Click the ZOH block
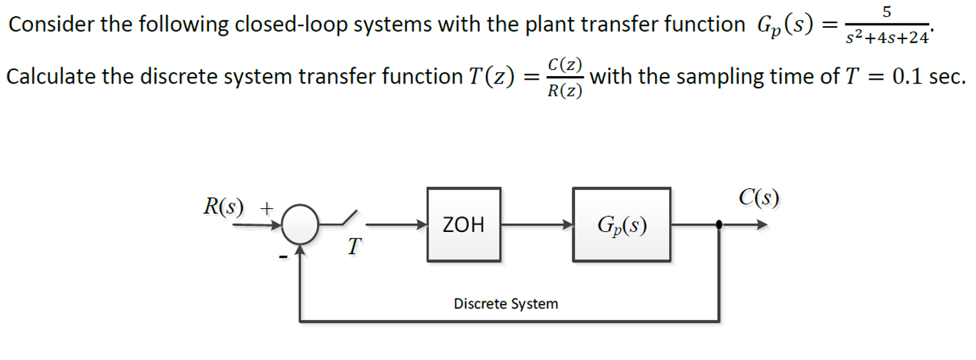click(x=463, y=224)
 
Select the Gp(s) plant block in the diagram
click(x=621, y=224)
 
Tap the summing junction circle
click(x=299, y=224)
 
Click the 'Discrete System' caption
click(x=506, y=304)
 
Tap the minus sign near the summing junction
click(x=284, y=256)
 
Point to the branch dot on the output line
click(x=720, y=225)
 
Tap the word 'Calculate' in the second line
click(x=51, y=77)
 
